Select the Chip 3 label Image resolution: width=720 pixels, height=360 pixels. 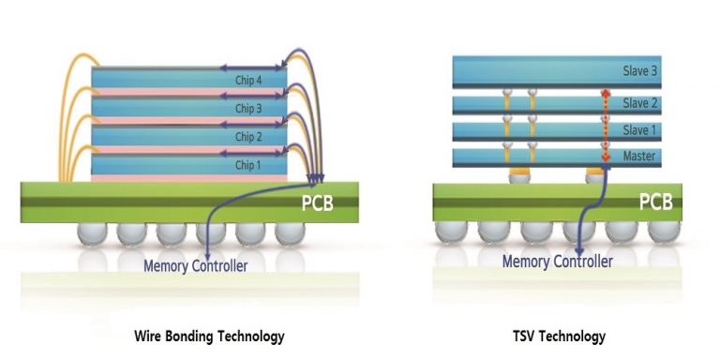(x=248, y=108)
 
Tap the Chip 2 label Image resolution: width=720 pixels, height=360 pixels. (x=248, y=137)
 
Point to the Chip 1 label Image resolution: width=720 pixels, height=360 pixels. (x=248, y=166)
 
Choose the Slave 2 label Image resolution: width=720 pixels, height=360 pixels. (x=639, y=103)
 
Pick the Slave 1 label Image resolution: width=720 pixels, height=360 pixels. (x=639, y=129)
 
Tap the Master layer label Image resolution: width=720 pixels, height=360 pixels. (x=639, y=156)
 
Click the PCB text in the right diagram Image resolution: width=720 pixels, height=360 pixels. (x=656, y=202)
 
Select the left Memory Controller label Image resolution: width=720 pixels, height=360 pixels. (x=195, y=265)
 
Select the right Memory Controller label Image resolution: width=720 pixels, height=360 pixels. (x=557, y=262)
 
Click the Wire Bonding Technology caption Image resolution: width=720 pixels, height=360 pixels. (x=209, y=336)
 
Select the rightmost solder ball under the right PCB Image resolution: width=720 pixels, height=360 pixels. (x=659, y=231)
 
